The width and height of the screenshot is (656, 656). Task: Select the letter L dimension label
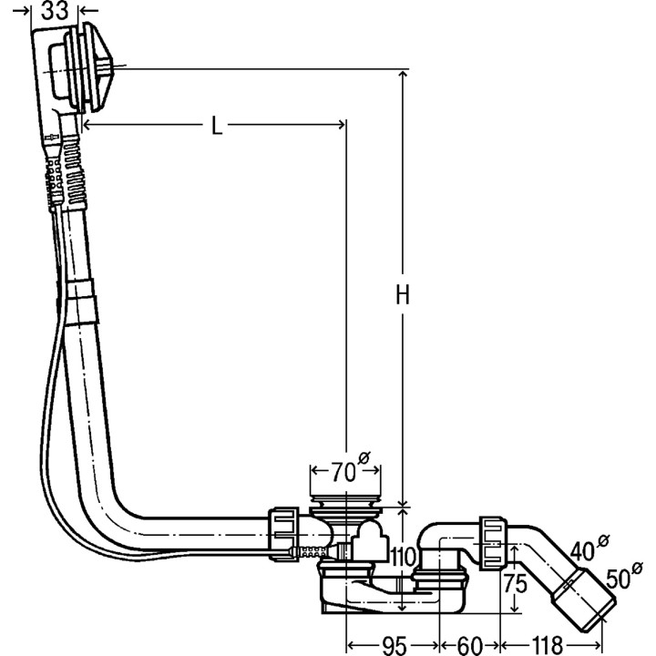217,127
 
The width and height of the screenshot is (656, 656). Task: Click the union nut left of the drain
284,530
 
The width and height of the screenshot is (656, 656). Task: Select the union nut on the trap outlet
493,541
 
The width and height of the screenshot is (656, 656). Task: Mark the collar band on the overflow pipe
81,302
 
